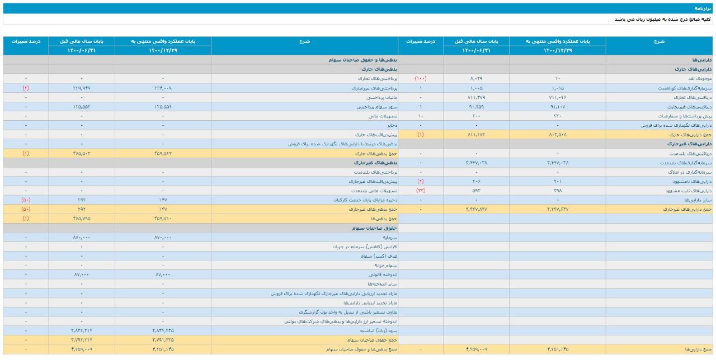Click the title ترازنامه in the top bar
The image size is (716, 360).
click(x=704, y=8)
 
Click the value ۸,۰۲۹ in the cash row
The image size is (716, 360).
click(x=476, y=79)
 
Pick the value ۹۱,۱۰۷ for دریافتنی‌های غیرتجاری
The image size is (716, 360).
click(x=558, y=107)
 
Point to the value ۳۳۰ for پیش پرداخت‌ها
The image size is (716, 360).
click(x=558, y=116)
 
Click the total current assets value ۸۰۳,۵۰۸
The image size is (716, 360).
click(x=558, y=135)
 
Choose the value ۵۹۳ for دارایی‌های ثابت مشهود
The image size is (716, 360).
click(x=476, y=191)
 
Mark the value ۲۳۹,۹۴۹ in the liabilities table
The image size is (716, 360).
click(x=82, y=88)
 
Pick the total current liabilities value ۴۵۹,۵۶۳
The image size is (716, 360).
click(x=163, y=153)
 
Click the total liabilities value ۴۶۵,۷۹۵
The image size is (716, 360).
click(x=82, y=219)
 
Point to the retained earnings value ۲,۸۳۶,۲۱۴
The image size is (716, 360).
click(x=82, y=330)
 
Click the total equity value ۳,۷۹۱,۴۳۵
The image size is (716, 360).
click(x=163, y=340)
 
